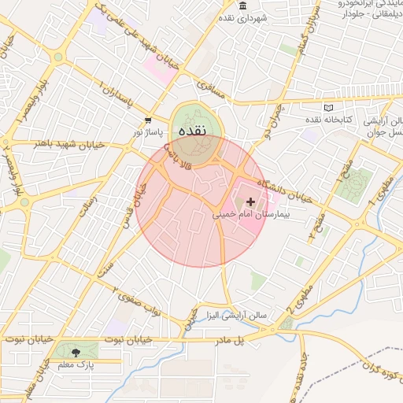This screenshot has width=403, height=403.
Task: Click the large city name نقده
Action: click(192, 131)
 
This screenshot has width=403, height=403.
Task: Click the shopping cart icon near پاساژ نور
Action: click(149, 120)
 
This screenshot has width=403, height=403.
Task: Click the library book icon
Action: click(328, 108)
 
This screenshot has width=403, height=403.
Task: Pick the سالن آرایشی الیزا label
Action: click(236, 315)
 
